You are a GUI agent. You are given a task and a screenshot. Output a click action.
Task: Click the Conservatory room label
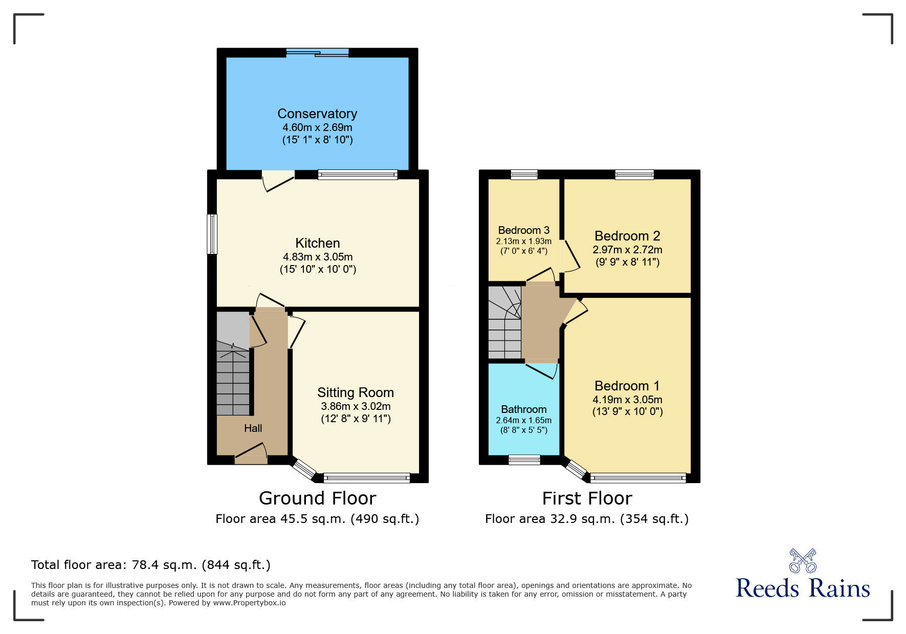point(317,114)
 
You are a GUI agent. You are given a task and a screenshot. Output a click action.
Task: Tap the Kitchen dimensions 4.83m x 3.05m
point(318,257)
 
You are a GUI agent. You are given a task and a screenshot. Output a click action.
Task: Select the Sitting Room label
point(356,392)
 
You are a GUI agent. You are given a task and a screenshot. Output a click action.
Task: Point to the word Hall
point(253,428)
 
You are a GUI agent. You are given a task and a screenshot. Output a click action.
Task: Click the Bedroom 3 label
point(523,230)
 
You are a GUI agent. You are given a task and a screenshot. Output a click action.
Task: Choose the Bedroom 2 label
point(627,236)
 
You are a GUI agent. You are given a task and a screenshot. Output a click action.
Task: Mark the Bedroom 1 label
point(627,386)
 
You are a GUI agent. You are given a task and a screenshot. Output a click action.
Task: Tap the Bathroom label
point(523,409)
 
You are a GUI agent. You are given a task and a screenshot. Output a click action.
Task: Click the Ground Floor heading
point(317,498)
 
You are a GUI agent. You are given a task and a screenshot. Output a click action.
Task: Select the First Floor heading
point(587,498)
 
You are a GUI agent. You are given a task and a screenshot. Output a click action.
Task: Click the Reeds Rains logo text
point(803,588)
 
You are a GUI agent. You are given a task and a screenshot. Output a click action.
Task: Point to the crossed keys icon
point(803,561)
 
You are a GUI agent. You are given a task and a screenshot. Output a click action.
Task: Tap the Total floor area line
point(150,565)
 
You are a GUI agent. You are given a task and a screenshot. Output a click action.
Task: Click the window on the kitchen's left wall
point(212,234)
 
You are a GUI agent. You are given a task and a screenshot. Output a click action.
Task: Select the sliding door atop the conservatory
point(317,52)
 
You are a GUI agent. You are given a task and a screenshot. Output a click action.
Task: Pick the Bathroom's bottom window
point(524,460)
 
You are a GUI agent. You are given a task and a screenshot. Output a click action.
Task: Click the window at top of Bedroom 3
point(524,174)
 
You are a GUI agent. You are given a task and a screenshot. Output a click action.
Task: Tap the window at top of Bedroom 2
point(634,174)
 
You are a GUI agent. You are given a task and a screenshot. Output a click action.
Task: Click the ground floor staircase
point(234,379)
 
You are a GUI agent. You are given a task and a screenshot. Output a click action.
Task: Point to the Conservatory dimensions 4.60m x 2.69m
point(317,127)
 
